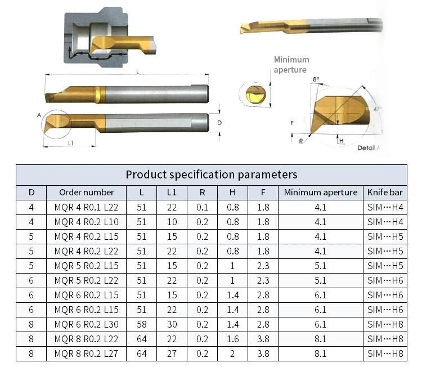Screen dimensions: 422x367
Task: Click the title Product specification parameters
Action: click(212, 174)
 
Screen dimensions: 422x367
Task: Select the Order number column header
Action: click(87, 193)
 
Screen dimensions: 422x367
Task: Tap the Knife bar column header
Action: click(385, 193)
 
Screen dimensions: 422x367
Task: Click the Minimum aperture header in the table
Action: click(321, 193)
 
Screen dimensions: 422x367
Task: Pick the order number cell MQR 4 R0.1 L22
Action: click(87, 207)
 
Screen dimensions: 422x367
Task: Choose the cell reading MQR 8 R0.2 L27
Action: click(87, 353)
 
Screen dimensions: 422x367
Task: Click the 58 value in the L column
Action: click(142, 324)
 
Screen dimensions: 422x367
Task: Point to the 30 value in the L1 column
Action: click(172, 324)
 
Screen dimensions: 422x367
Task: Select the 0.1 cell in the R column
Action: click(202, 207)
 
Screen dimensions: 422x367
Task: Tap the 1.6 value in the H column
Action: click(232, 339)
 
